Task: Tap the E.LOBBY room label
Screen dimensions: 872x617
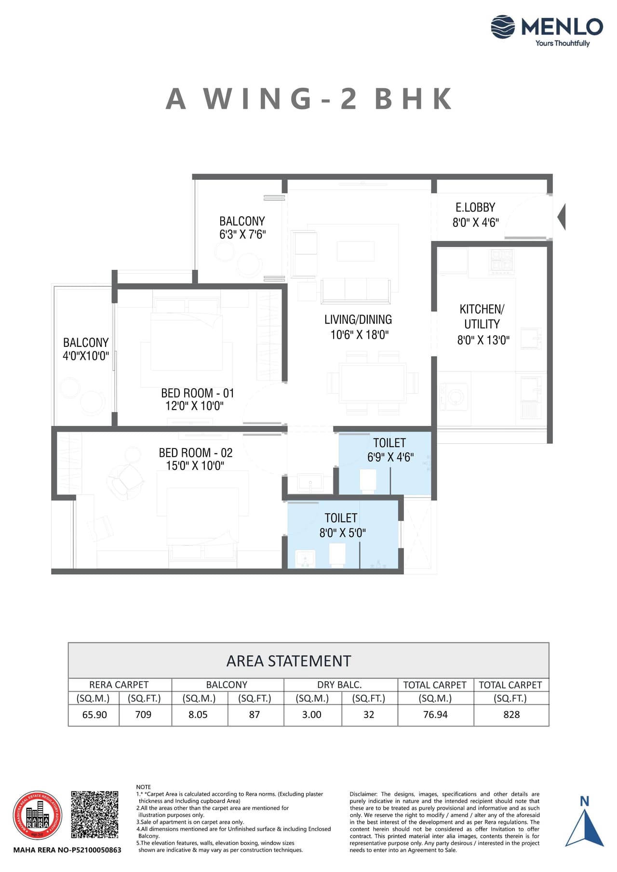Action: coord(475,208)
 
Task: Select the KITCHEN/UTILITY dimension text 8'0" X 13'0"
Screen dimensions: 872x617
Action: coord(483,340)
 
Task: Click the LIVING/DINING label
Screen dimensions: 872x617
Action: coord(358,319)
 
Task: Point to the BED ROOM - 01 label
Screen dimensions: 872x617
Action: coord(197,393)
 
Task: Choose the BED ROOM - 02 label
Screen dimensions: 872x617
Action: coord(196,453)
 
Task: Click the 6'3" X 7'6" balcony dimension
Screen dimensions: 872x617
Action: coord(242,235)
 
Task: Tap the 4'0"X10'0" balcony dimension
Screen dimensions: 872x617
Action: coord(86,356)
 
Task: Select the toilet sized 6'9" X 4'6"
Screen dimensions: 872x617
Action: coord(390,450)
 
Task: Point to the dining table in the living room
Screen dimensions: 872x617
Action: coord(372,383)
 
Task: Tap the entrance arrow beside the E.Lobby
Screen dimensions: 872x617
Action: coord(561,216)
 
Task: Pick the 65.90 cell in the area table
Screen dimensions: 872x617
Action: coord(94,715)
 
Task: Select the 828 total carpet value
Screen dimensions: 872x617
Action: coord(511,715)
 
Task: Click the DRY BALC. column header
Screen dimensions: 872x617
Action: coord(339,685)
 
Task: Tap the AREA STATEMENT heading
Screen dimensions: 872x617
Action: coord(289,661)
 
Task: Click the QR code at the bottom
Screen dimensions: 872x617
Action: coord(94,815)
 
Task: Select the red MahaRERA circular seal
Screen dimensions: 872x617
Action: coord(37,816)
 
